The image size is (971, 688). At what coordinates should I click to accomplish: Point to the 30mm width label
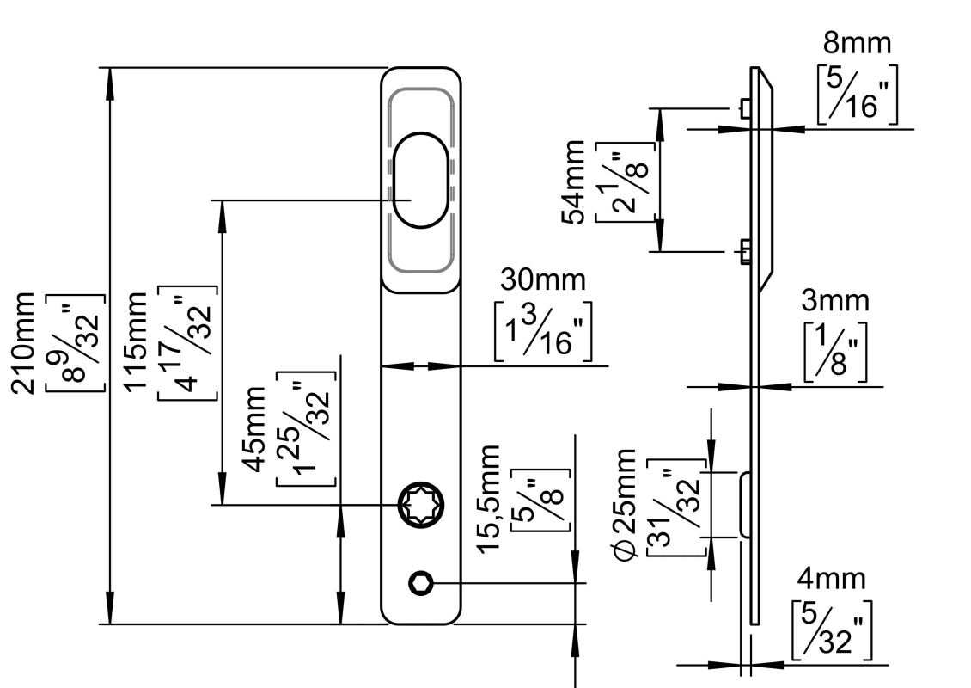(x=545, y=280)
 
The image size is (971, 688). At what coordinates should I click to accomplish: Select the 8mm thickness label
(x=858, y=43)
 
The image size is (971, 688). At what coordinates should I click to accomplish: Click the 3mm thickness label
(x=835, y=301)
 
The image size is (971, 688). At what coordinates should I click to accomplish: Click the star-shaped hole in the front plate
(x=421, y=505)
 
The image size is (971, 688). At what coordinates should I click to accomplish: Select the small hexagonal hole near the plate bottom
(x=420, y=583)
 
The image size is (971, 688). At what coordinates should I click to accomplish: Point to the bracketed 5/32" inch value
(x=833, y=630)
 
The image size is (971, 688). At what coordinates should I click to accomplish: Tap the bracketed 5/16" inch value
(x=857, y=95)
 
